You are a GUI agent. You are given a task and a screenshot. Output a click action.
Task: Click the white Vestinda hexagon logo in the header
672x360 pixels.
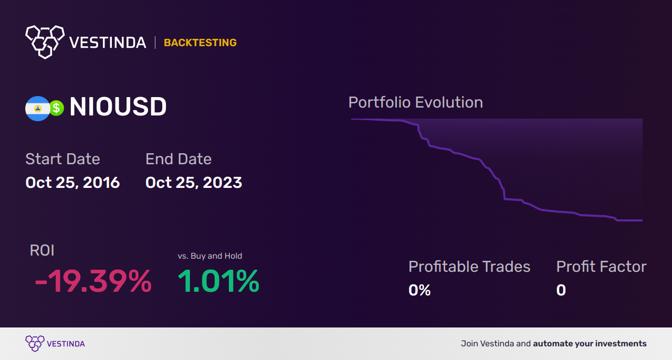pyautogui.click(x=45, y=42)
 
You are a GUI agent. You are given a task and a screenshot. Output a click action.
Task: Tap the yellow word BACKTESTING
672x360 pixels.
pyautogui.click(x=200, y=43)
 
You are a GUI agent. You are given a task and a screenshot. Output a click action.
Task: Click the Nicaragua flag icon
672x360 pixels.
pyautogui.click(x=37, y=108)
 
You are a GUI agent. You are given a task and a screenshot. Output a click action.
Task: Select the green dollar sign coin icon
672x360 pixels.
pyautogui.click(x=56, y=108)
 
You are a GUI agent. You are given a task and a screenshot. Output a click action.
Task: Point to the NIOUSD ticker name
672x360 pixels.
pyautogui.click(x=118, y=107)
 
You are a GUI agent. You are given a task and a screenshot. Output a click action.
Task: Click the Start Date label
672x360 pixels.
pyautogui.click(x=62, y=159)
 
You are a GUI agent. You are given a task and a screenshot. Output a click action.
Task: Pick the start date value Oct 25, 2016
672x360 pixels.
pyautogui.click(x=72, y=183)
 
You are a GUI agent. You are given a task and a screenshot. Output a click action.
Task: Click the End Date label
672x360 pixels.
pyautogui.click(x=178, y=159)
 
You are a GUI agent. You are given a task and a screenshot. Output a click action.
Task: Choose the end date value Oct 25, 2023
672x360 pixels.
pyautogui.click(x=194, y=183)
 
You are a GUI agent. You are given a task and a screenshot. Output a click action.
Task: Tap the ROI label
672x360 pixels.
pyautogui.click(x=42, y=250)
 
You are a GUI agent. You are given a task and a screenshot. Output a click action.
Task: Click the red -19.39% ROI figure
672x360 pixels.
pyautogui.click(x=93, y=281)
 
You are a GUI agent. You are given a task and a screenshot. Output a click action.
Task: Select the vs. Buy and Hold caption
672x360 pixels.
pyautogui.click(x=209, y=256)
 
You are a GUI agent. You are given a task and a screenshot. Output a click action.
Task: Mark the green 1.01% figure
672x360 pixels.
pyautogui.click(x=218, y=281)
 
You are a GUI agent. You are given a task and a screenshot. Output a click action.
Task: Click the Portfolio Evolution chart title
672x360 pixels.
pyautogui.click(x=416, y=103)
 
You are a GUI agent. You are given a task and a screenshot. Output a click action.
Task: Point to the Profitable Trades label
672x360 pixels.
pyautogui.click(x=469, y=267)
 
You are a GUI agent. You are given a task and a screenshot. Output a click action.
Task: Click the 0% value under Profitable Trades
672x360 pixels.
pyautogui.click(x=419, y=290)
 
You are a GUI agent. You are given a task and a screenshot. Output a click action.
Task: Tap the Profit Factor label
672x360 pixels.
pyautogui.click(x=602, y=267)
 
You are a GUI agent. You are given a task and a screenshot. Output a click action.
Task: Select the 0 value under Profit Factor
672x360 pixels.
pyautogui.click(x=561, y=290)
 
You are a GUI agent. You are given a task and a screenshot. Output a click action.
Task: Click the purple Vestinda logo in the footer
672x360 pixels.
pyautogui.click(x=55, y=344)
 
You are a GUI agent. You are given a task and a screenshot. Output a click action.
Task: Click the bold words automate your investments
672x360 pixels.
pyautogui.click(x=590, y=344)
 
